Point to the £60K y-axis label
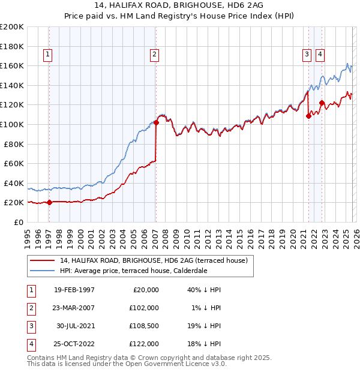14,163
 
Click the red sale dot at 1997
50,202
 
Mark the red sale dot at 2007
156,122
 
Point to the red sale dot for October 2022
322,103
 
